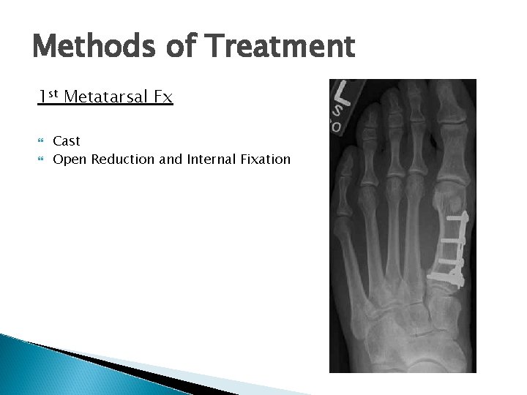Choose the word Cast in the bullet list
point(67,140)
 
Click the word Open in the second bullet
point(69,159)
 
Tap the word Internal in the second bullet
point(209,159)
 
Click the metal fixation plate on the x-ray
point(447,246)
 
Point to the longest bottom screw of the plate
point(448,277)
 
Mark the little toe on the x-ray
point(344,172)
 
